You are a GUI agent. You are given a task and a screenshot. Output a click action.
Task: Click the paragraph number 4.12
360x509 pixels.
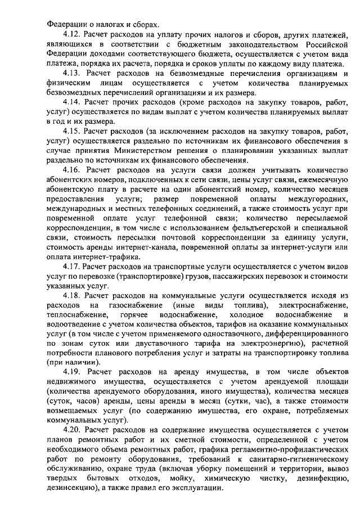[x=73, y=34]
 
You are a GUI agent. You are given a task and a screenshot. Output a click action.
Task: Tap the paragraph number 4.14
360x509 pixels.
[x=73, y=103]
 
